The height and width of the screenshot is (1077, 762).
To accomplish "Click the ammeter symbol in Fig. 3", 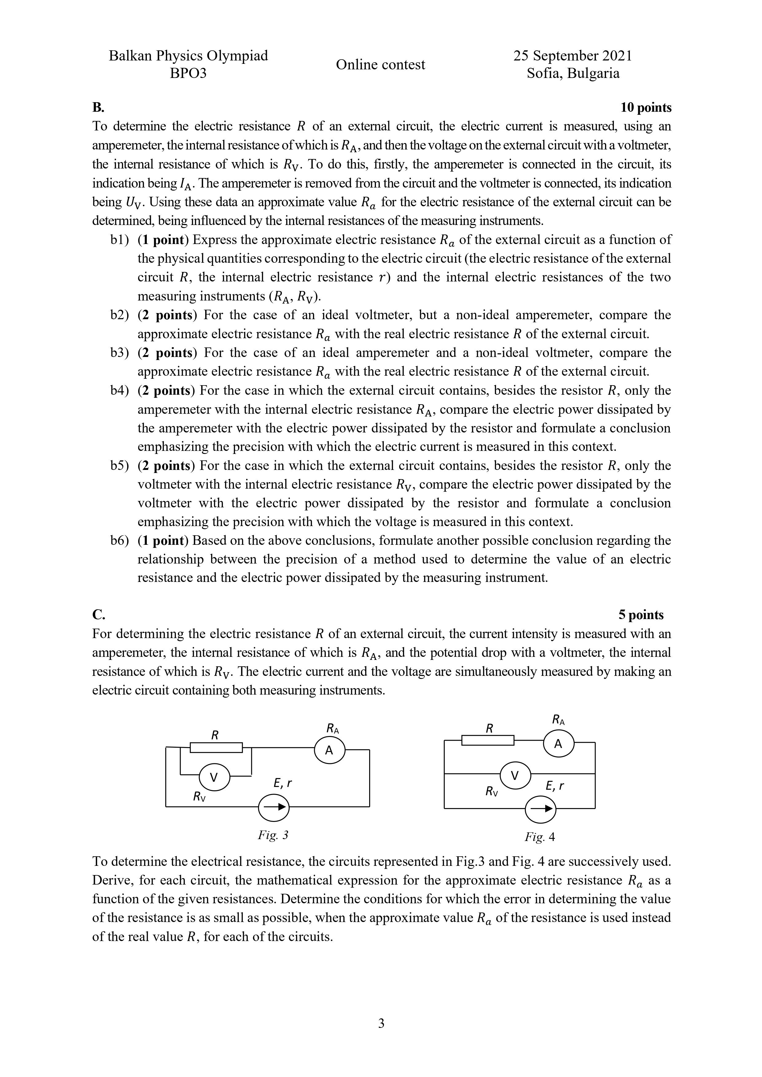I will click(x=329, y=750).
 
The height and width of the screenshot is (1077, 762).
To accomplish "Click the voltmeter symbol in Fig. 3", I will click(x=214, y=777).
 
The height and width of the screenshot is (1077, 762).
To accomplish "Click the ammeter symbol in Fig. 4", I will click(x=558, y=743).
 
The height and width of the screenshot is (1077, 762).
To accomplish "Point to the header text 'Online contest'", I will click(x=380, y=64).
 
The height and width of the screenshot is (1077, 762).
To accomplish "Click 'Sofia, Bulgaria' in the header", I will click(x=573, y=73).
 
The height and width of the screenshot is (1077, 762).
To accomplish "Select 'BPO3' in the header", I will click(x=188, y=73).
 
